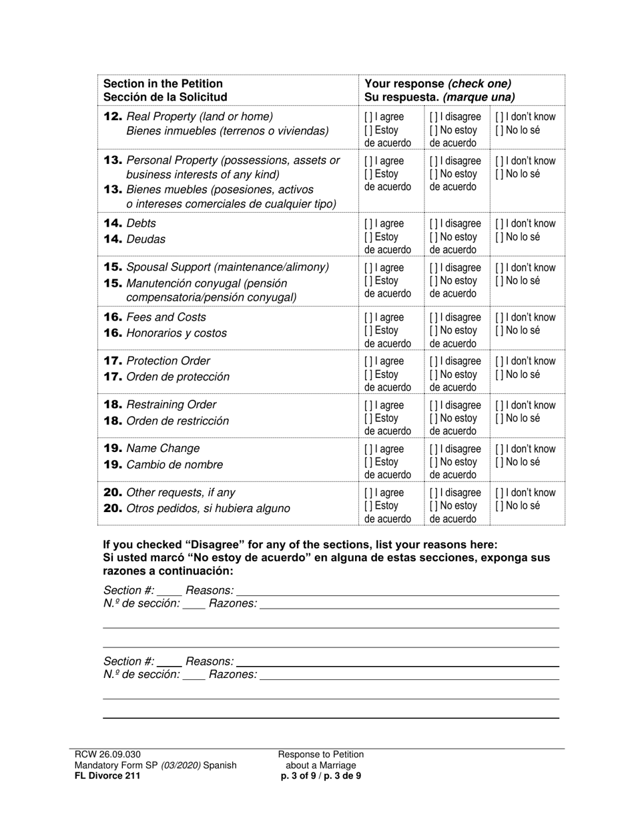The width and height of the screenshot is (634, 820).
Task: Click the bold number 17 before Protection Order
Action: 113,361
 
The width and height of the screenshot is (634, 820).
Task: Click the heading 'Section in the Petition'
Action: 163,84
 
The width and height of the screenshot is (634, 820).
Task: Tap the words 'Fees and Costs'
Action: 166,317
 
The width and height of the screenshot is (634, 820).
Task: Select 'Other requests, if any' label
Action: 180,493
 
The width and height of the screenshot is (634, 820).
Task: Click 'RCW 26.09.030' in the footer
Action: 108,755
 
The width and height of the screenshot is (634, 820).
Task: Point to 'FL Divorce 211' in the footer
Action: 107,775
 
